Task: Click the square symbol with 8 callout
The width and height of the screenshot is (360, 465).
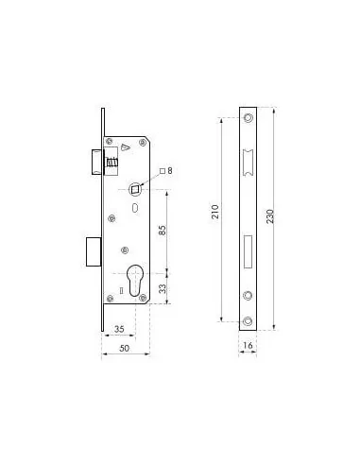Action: pos(167,170)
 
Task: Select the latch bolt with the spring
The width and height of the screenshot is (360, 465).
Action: pos(106,162)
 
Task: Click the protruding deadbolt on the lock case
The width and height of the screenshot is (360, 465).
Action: pos(92,249)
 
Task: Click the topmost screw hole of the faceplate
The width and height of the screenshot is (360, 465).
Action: pos(247,119)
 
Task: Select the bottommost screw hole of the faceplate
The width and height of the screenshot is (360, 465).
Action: pos(247,312)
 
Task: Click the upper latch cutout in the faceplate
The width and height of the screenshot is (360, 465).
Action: pos(247,161)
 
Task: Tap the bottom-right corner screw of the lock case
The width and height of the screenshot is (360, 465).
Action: pos(143,300)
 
